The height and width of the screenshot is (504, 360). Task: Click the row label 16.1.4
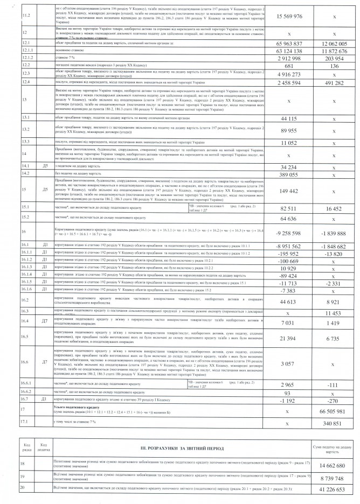(24, 274)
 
